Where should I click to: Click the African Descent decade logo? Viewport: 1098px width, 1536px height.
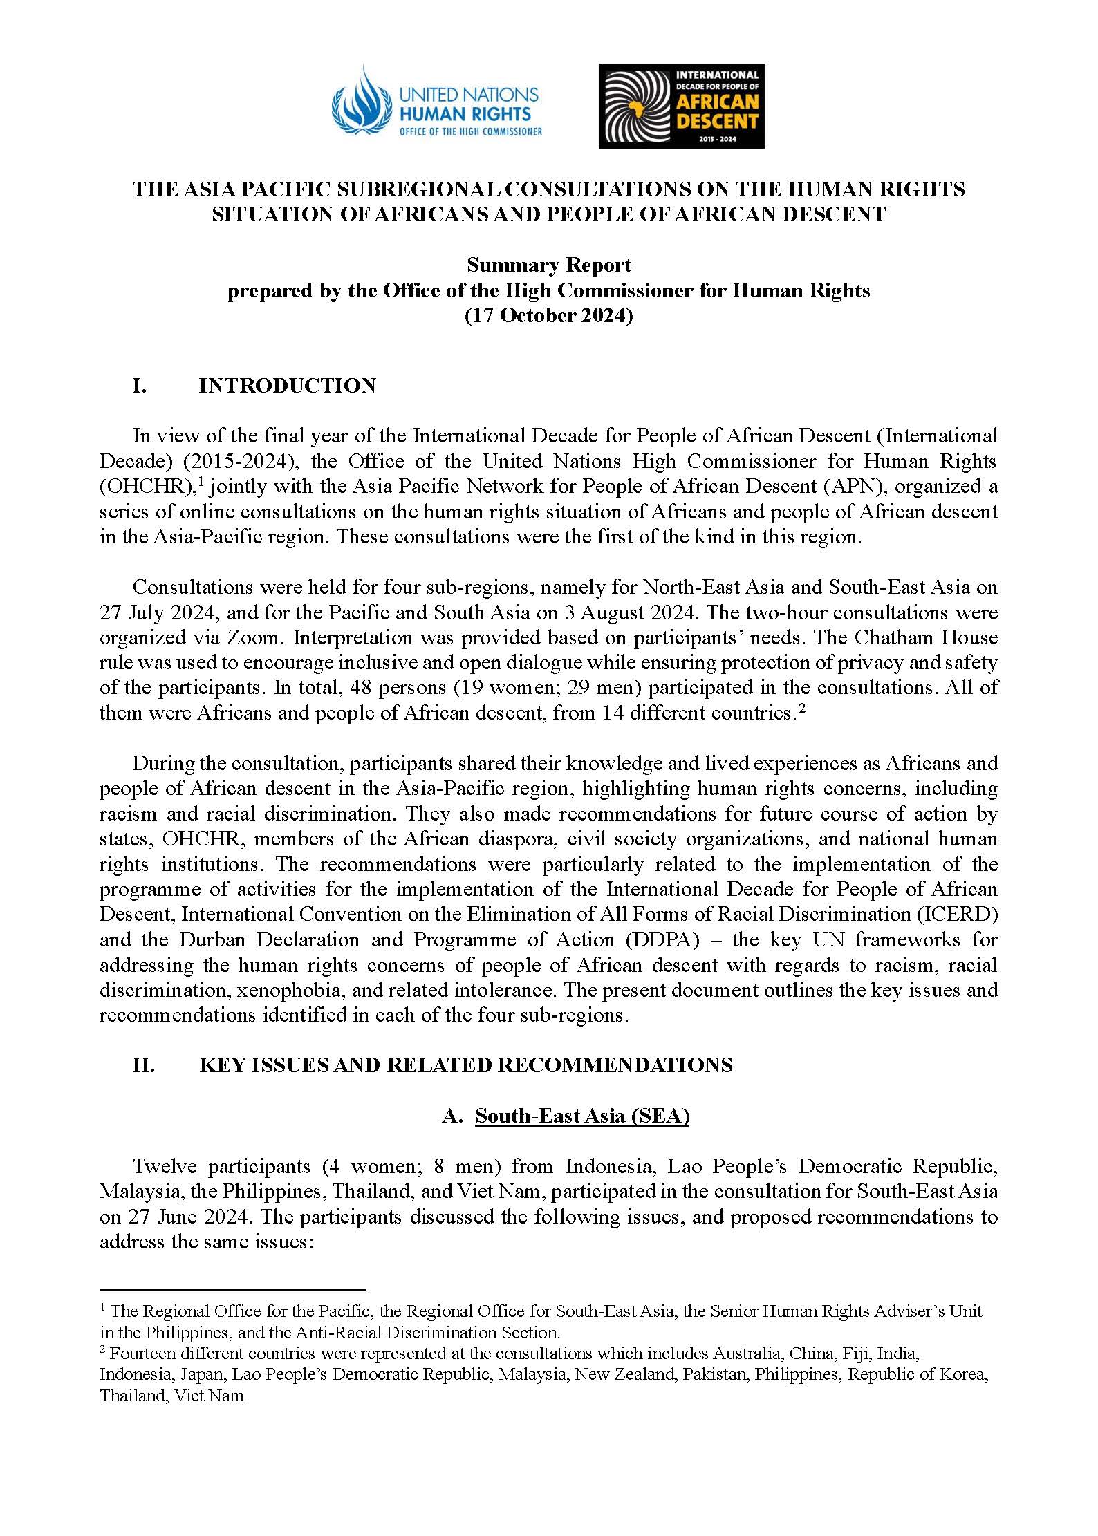(x=681, y=106)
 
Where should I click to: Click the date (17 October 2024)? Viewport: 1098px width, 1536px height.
(x=549, y=315)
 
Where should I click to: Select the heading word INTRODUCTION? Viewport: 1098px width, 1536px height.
(x=287, y=386)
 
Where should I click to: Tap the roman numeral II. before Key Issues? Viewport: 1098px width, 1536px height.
(x=143, y=1065)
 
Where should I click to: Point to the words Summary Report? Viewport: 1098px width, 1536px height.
(x=549, y=265)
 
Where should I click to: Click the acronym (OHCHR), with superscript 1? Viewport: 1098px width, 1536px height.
(x=145, y=487)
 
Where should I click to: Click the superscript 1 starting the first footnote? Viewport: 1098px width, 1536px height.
(x=102, y=1307)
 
